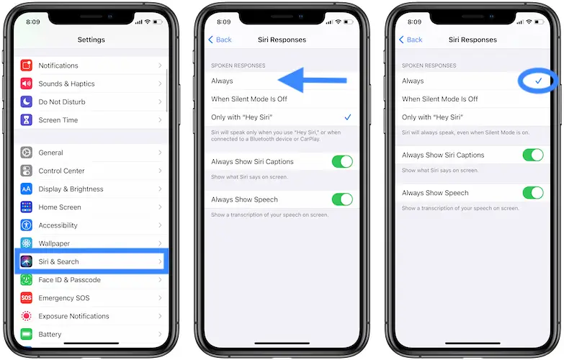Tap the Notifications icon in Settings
click(26, 66)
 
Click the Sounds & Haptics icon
click(26, 84)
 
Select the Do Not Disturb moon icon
click(26, 102)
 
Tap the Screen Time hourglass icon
click(26, 120)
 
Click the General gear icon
click(26, 153)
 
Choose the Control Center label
click(61, 171)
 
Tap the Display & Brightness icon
click(26, 189)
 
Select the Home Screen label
click(60, 207)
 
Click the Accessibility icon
click(26, 225)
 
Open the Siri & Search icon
click(26, 261)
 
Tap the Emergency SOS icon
click(26, 298)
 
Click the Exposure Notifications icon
click(26, 316)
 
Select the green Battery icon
click(26, 334)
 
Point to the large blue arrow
click(312, 80)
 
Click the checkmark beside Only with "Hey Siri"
click(348, 117)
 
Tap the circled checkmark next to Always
click(539, 81)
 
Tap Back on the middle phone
click(220, 40)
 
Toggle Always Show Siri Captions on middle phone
click(342, 162)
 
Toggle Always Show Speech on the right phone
click(533, 193)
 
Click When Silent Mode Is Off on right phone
click(440, 99)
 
